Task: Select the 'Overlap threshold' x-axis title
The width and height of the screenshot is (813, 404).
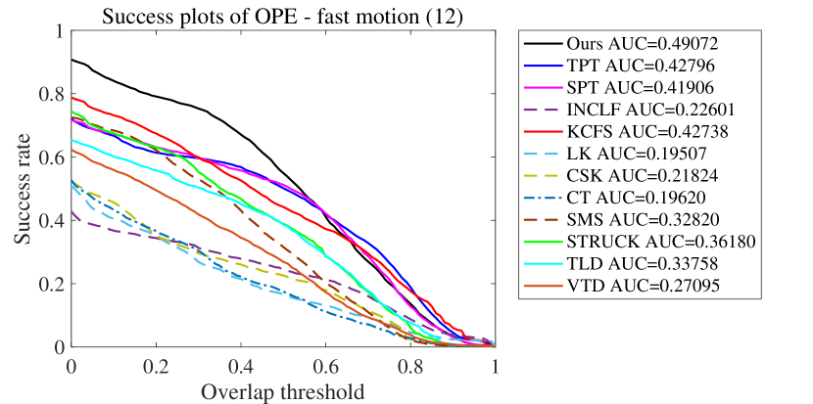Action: (283, 391)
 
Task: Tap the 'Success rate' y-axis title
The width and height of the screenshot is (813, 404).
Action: (22, 189)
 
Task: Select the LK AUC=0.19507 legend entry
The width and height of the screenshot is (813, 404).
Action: (627, 153)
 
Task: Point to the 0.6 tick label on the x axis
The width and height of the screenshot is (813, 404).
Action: (325, 366)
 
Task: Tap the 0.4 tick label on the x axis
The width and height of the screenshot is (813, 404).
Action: (241, 366)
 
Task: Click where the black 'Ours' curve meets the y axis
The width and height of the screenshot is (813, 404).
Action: (72, 60)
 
